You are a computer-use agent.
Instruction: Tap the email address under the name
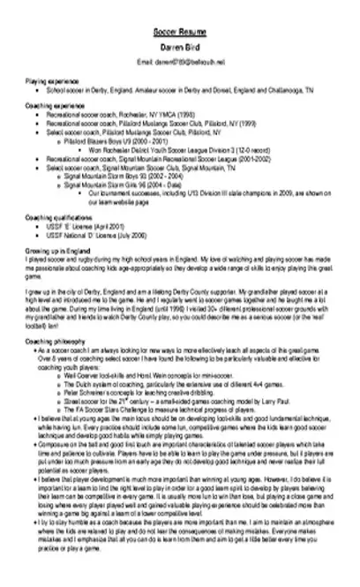(179, 62)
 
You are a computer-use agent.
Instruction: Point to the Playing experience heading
(50, 80)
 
